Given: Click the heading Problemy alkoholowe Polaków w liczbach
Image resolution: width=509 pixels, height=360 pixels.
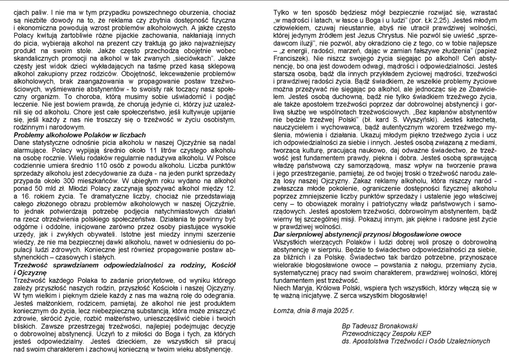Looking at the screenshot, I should [x=74, y=135].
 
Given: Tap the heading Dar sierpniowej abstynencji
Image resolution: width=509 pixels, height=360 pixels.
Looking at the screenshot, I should [x=367, y=235].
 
